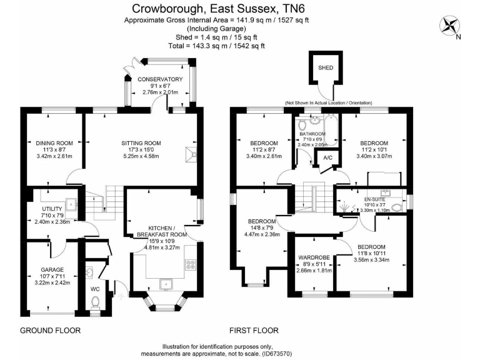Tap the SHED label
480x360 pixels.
326,67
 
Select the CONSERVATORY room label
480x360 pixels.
160,79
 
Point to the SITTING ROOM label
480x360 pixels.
141,143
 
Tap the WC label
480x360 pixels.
96,289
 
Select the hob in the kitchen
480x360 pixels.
189,265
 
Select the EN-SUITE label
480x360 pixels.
376,199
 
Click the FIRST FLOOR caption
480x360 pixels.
254,331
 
